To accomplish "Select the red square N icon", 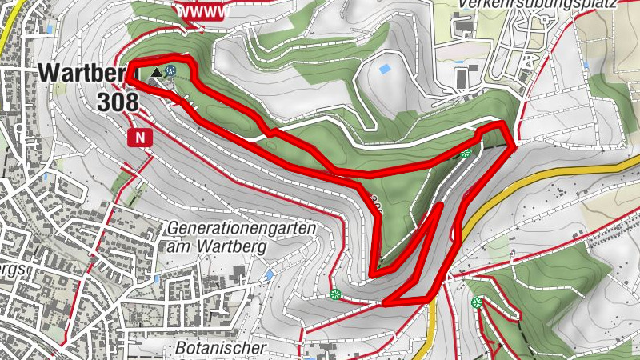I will pos(141,137).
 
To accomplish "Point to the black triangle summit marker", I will pos(155,73).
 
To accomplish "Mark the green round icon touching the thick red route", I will pos(465,152).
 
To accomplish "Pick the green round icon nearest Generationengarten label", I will pos(335,294).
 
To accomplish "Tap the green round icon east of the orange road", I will pos(477,302).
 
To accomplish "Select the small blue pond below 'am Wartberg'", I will pos(269,274).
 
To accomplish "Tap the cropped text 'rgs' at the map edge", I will pos(14,270).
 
